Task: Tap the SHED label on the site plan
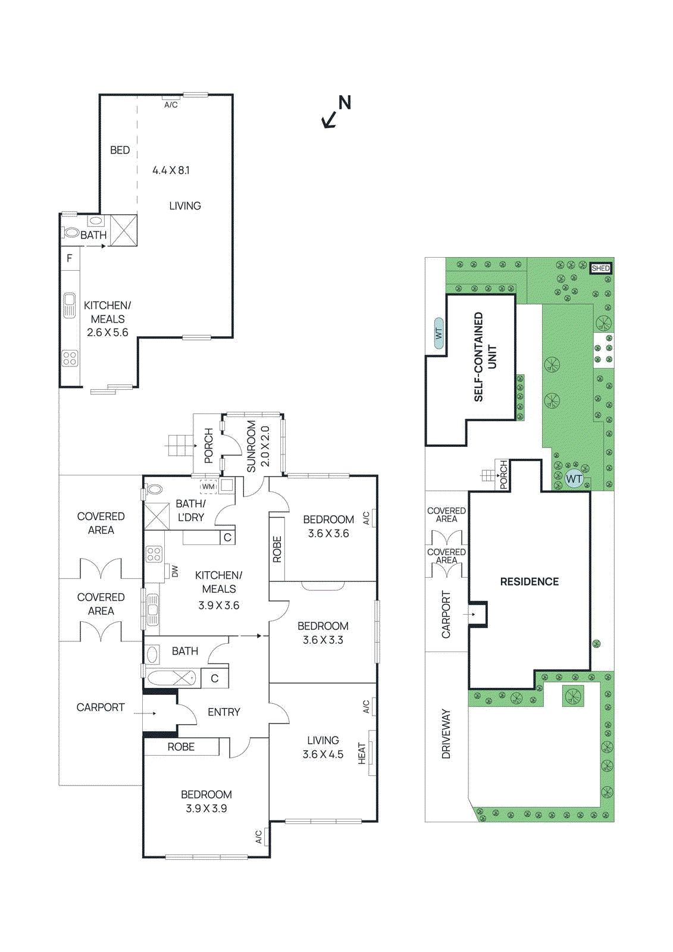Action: tap(600, 268)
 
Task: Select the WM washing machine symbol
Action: tap(208, 487)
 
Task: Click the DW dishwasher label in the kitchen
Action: tap(175, 571)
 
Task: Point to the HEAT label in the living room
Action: tap(362, 753)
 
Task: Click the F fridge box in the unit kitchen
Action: tap(70, 258)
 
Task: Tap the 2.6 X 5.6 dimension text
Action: tap(108, 333)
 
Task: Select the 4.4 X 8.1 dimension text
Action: tap(171, 170)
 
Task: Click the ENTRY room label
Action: tap(224, 712)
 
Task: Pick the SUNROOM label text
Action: tap(251, 446)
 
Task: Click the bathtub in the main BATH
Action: tap(171, 678)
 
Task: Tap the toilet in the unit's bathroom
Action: tap(71, 233)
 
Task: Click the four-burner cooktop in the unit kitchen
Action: tap(70, 358)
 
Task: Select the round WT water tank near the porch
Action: tap(574, 479)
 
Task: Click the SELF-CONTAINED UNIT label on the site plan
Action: tap(485, 357)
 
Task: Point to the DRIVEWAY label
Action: tap(446, 734)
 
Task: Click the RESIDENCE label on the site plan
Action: tap(529, 582)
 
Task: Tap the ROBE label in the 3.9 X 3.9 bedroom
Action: tap(181, 747)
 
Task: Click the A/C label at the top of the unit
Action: tap(171, 105)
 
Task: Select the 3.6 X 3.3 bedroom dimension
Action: tap(323, 640)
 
